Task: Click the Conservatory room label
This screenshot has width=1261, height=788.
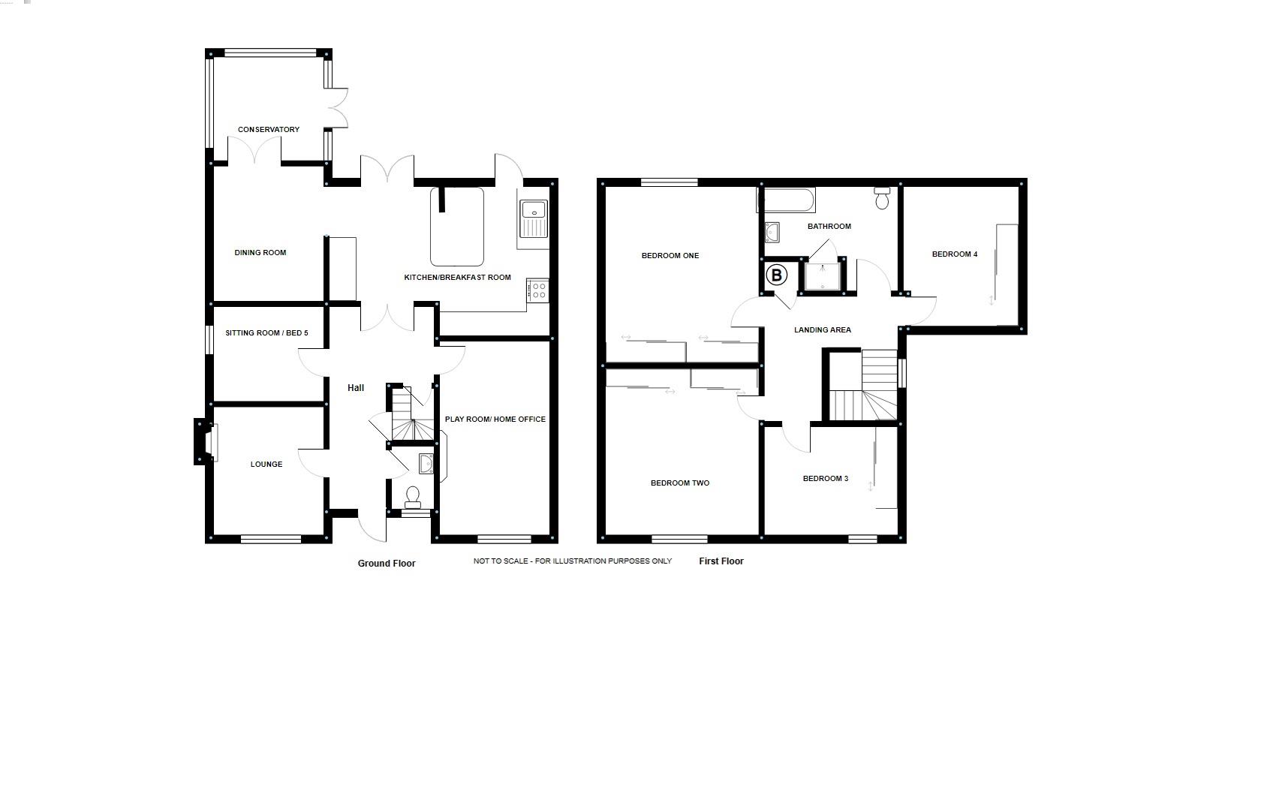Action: [x=269, y=130]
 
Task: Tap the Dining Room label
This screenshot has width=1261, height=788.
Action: [x=260, y=253]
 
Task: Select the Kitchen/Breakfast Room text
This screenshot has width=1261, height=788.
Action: [x=457, y=278]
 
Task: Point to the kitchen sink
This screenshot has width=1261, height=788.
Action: [x=534, y=218]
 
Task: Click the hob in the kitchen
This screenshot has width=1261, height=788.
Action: [x=537, y=290]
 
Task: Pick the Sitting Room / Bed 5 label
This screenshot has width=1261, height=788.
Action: [x=266, y=333]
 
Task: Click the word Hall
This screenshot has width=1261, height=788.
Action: [x=356, y=388]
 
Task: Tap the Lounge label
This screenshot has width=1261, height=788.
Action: [x=266, y=465]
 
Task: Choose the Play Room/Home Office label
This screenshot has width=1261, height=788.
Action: [x=495, y=420]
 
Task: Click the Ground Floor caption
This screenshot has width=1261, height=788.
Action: [x=387, y=564]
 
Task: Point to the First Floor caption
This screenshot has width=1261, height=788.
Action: [x=721, y=561]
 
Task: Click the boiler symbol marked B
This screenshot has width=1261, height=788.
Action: [x=777, y=275]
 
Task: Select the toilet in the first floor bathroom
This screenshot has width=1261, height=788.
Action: [x=882, y=199]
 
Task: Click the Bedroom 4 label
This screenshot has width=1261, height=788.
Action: [x=955, y=254]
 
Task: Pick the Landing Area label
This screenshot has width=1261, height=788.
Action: [x=823, y=330]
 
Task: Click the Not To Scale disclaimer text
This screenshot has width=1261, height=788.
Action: [x=573, y=561]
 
